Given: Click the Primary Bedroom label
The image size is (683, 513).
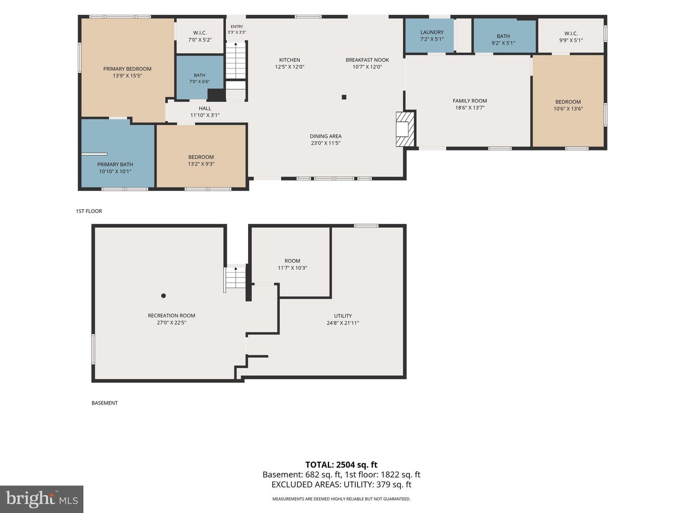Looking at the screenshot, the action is [127, 69].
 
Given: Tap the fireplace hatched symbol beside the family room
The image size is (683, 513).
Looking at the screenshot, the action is [405, 129].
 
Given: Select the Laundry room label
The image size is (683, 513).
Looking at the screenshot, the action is [432, 32].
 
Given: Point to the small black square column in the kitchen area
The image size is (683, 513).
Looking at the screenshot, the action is [344, 97].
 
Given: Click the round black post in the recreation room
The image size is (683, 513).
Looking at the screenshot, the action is [163, 295].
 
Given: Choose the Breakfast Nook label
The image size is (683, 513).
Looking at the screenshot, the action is [367, 60].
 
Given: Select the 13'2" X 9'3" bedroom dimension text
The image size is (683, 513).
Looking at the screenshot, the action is [201, 164].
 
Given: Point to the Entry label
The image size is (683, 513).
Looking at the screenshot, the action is [237, 27].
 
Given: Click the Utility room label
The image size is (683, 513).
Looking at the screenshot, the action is [343, 316].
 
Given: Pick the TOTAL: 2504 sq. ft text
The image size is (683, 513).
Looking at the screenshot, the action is [341, 465].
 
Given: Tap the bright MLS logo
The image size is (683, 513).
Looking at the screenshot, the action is [42, 499].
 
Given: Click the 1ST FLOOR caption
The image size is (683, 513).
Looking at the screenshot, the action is [89, 211].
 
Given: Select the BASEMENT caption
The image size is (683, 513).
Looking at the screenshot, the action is [104, 403].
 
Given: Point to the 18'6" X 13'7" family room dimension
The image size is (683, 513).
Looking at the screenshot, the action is [470, 108].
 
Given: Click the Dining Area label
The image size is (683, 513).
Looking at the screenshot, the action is [325, 136].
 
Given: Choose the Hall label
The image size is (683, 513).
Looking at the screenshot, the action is [205, 108].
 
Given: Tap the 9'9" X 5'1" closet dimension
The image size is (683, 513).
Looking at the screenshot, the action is [571, 40].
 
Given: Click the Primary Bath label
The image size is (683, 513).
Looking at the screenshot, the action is [115, 164].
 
